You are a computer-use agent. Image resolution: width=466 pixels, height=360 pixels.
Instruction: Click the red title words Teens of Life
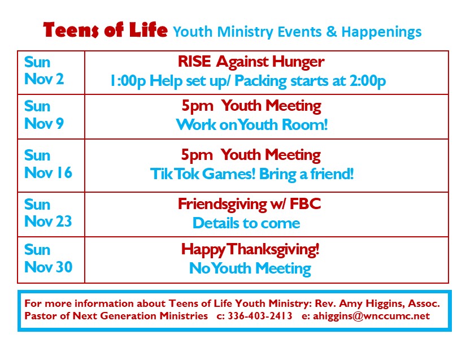[105, 30]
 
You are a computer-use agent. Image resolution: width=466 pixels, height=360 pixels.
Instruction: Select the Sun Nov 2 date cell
[51, 73]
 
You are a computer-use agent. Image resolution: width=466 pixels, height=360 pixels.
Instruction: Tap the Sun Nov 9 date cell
[51, 116]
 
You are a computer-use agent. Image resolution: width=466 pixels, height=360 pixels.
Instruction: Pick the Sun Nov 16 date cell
[51, 166]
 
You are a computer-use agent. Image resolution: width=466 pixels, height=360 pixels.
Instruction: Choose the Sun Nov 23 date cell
[51, 215]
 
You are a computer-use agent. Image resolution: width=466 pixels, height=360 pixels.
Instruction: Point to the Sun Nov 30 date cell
[51, 260]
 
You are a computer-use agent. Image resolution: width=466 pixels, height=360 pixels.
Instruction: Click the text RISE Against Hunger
[251, 62]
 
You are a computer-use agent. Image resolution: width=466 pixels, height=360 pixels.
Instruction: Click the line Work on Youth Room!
[252, 124]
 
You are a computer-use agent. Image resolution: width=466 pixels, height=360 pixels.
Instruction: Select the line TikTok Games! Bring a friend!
[252, 174]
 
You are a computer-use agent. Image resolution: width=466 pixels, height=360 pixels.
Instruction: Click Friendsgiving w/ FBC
[249, 205]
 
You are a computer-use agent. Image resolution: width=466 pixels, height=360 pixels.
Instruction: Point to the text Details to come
[246, 223]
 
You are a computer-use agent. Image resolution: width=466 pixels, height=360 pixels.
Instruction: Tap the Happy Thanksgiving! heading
[250, 250]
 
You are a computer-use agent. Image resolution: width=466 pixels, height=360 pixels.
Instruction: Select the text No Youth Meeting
[250, 268]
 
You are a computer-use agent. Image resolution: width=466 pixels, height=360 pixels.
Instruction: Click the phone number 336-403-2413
[260, 316]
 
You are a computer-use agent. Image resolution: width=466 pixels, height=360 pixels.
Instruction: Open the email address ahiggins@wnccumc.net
[372, 316]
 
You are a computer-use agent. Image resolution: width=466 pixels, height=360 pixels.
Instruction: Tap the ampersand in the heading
[332, 32]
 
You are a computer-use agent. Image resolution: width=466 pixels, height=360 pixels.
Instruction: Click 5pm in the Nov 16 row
[197, 155]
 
